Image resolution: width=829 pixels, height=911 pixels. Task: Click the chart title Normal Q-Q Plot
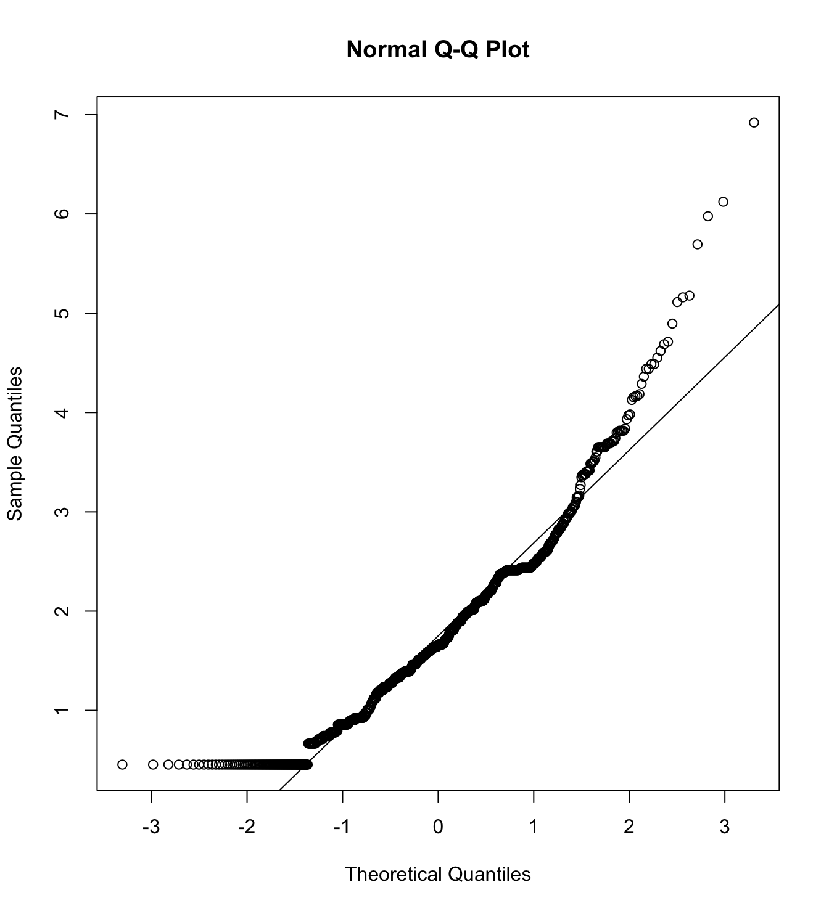click(x=437, y=50)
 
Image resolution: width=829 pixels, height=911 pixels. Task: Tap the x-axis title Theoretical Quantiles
click(x=437, y=874)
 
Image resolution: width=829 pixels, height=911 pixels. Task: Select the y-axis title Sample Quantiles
click(x=15, y=443)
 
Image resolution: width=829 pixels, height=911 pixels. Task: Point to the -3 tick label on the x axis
click(x=151, y=827)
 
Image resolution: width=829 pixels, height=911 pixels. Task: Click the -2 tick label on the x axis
click(x=247, y=827)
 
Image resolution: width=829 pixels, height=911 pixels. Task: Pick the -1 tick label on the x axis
click(x=342, y=827)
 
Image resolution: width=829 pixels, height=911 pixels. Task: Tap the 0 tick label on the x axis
click(x=438, y=827)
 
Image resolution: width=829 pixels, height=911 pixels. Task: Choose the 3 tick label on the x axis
click(x=725, y=827)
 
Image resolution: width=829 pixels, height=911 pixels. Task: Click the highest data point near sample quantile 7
click(x=754, y=123)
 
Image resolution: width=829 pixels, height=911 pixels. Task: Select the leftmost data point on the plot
click(x=122, y=764)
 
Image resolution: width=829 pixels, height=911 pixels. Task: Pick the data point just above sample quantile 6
click(x=724, y=202)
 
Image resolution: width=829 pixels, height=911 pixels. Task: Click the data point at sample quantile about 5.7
click(x=698, y=245)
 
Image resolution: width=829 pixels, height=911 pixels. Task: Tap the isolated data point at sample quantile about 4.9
click(x=672, y=324)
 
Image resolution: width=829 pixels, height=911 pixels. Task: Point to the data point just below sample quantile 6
click(x=708, y=216)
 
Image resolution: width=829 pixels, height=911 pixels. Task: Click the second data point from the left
click(x=153, y=764)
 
